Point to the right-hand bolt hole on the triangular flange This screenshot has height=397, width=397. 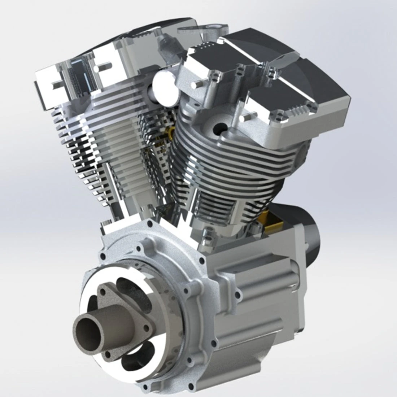pos(146,328)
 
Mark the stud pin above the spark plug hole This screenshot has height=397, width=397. pos(245,118)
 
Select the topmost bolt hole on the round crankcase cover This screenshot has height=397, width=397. pos(138,249)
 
